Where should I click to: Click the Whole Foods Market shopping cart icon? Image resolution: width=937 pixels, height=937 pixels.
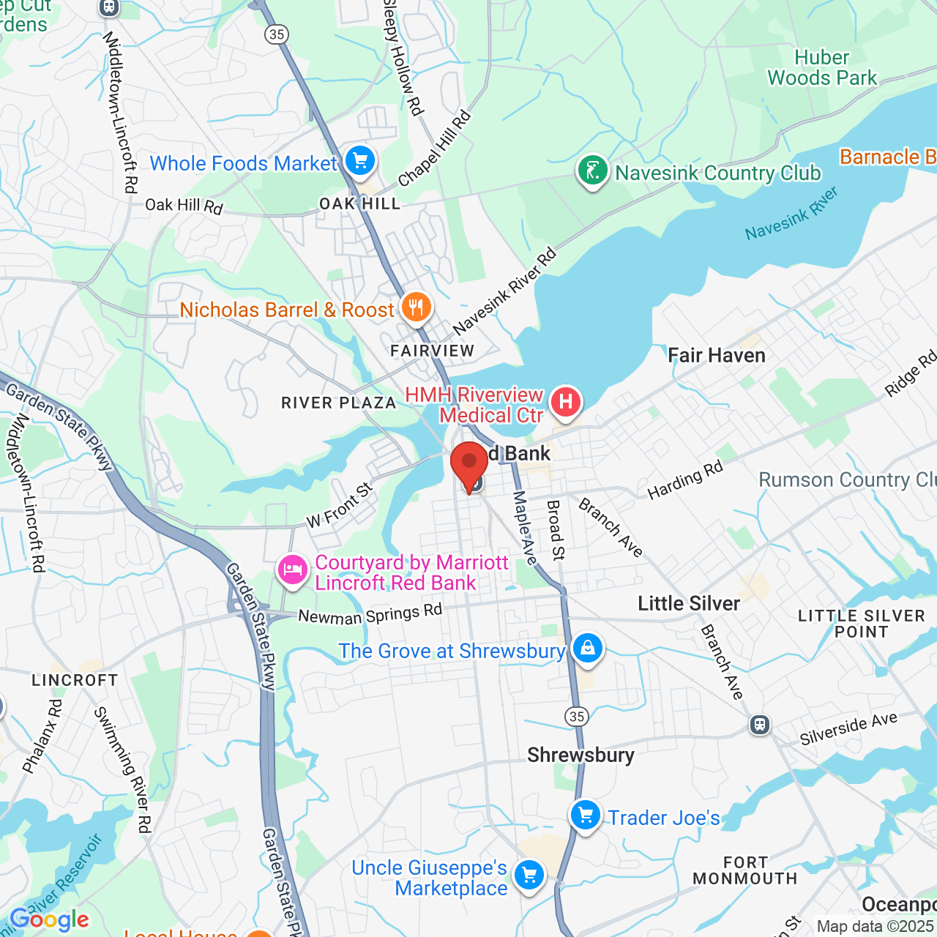tap(359, 161)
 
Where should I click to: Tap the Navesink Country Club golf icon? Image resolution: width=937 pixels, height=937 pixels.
tap(593, 170)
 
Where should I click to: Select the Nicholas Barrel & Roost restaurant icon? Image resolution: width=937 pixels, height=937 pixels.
tap(416, 307)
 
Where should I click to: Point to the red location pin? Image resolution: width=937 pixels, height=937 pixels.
tap(468, 466)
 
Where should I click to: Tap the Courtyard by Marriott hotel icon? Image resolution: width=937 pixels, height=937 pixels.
tap(293, 570)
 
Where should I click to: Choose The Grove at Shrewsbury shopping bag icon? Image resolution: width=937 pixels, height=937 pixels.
tap(587, 648)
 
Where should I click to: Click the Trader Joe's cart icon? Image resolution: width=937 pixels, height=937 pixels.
tap(586, 815)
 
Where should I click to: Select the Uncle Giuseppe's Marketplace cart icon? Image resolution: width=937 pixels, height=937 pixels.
tap(529, 875)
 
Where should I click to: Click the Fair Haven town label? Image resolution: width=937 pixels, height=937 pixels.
tap(716, 356)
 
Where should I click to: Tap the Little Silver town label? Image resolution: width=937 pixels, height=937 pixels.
tap(688, 603)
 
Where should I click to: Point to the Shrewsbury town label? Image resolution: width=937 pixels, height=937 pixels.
tap(581, 755)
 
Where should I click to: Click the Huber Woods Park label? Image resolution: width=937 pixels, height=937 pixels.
tap(821, 67)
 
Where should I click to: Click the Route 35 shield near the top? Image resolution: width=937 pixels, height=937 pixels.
tap(277, 34)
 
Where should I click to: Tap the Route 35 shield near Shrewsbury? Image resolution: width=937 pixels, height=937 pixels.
tap(577, 716)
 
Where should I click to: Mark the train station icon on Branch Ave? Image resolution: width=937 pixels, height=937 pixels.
tap(760, 725)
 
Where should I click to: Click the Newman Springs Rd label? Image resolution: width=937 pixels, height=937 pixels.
tap(370, 614)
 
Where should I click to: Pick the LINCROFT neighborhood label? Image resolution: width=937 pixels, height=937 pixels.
tap(75, 680)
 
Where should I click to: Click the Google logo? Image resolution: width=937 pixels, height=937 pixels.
tap(50, 919)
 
